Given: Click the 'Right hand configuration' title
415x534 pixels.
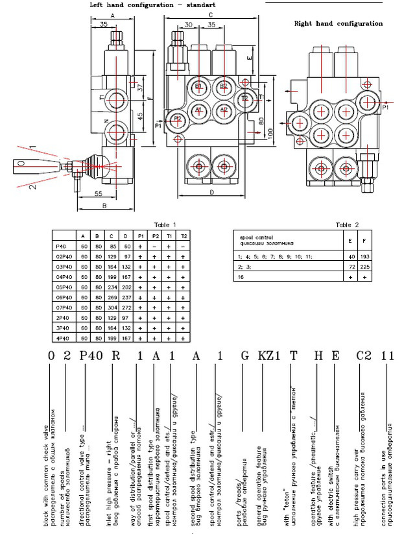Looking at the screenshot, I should pos(338,23).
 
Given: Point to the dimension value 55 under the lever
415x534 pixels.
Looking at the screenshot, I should pos(98,193).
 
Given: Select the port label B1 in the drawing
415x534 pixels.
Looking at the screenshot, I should pos(199,86).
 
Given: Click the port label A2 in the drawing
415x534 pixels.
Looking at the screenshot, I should pos(223,110).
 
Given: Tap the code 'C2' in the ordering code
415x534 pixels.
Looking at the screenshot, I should pos(364,355).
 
